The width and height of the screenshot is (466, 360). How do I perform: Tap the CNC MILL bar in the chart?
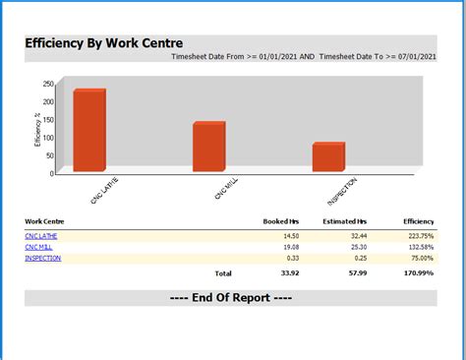pyautogui.click(x=208, y=148)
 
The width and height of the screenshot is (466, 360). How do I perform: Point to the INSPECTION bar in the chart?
pyautogui.click(x=328, y=157)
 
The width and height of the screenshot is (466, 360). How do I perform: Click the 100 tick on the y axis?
pyautogui.click(x=48, y=137)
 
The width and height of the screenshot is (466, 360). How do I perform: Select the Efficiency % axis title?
pyautogui.click(x=37, y=129)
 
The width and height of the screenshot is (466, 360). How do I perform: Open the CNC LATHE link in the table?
pyautogui.click(x=40, y=236)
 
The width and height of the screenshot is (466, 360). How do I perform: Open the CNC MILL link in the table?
pyautogui.click(x=38, y=247)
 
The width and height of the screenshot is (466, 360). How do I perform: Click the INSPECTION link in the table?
pyautogui.click(x=42, y=258)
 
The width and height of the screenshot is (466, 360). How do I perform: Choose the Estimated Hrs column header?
pyautogui.click(x=344, y=221)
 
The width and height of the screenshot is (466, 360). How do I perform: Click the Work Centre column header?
pyautogui.click(x=45, y=221)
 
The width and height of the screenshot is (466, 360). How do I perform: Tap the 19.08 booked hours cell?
pyautogui.click(x=290, y=247)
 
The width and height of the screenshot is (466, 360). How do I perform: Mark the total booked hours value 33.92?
pyautogui.click(x=289, y=272)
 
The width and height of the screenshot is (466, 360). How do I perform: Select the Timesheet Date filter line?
pyautogui.click(x=303, y=57)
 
